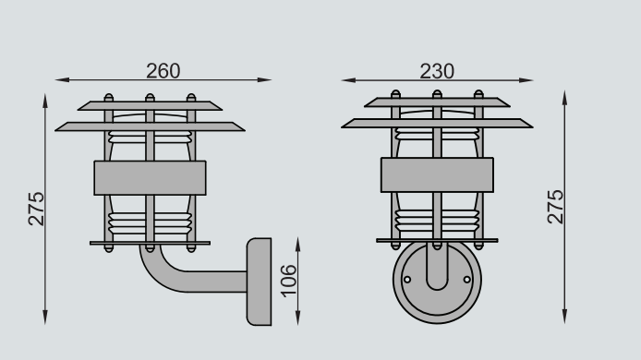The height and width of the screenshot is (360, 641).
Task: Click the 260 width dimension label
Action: coord(163,71)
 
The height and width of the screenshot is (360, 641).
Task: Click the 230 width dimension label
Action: coord(437,71)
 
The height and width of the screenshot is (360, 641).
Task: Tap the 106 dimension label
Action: coord(288,281)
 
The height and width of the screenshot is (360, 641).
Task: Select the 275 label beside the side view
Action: coord(36,209)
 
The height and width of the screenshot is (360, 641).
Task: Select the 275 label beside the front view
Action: coord(555,207)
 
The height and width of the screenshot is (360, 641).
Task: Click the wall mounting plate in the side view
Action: coord(260,282)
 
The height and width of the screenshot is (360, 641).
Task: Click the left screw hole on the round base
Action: coord(407,280)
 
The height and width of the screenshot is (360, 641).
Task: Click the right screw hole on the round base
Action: coord(466,280)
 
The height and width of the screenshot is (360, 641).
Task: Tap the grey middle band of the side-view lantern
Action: coord(150,178)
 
